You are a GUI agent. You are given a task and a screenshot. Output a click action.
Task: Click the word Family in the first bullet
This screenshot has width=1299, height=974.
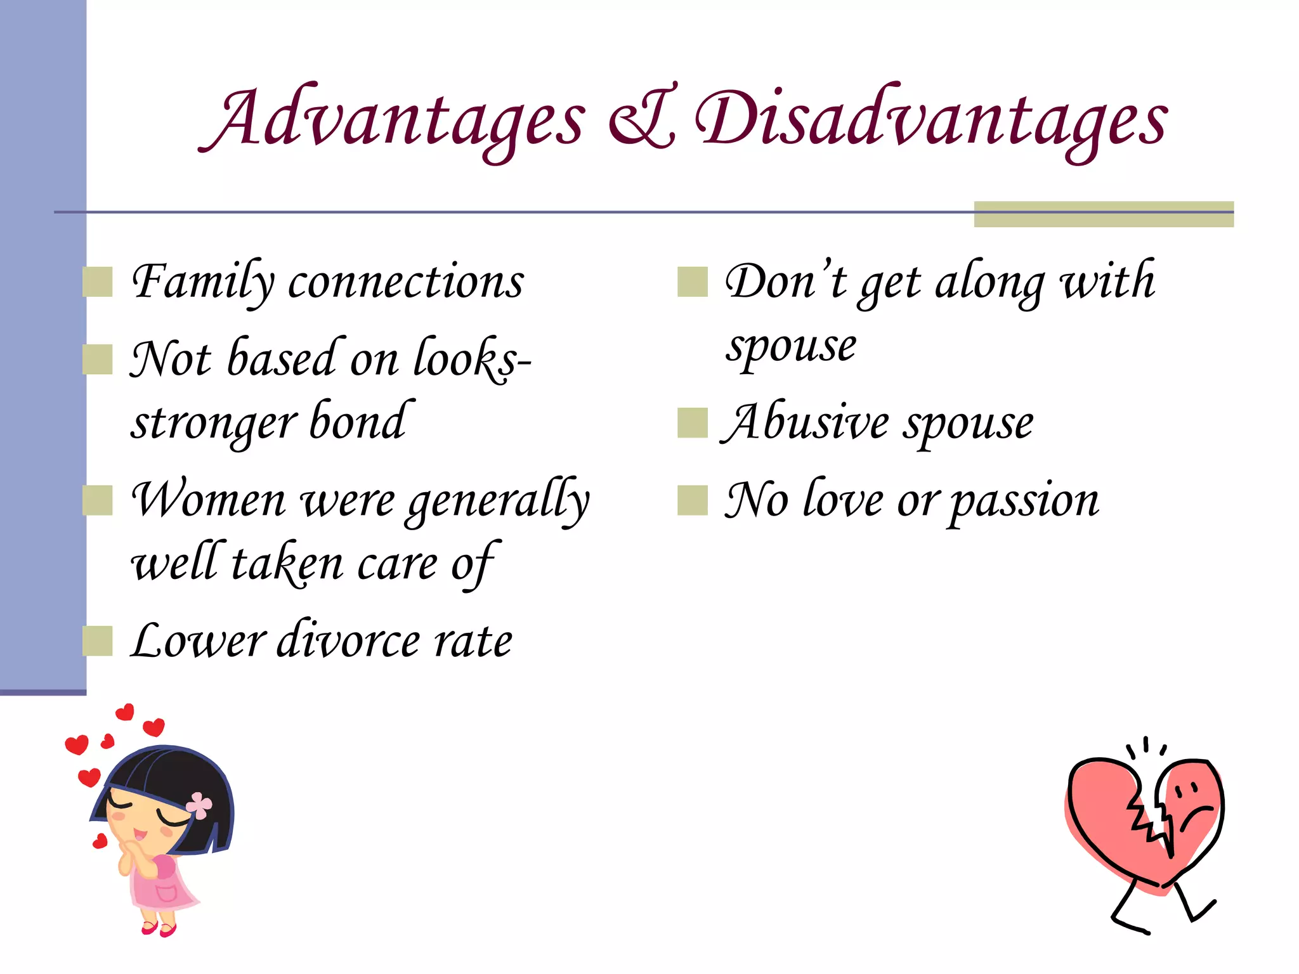(203, 282)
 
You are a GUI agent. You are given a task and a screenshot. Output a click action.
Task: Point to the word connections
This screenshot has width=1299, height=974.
(406, 282)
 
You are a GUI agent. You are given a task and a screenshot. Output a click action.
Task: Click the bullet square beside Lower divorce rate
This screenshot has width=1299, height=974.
(98, 640)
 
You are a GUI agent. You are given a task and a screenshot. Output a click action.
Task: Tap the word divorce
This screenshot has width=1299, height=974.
(349, 640)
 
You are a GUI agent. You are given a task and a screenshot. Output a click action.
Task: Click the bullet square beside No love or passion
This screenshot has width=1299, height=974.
(692, 500)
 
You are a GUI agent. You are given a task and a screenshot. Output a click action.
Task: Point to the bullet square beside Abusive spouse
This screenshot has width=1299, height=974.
(692, 423)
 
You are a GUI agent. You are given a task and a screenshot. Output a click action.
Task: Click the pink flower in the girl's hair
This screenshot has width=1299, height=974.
(200, 805)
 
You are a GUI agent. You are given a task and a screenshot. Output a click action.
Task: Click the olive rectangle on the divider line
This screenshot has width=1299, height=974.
(1104, 214)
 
